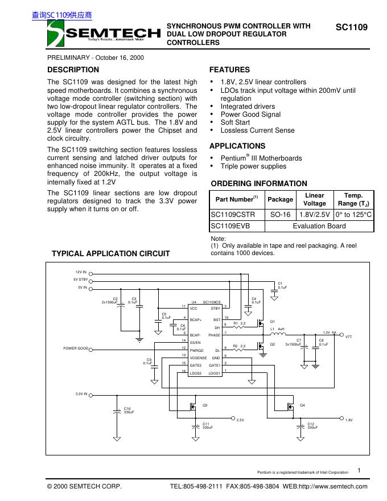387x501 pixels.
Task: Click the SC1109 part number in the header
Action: click(351, 27)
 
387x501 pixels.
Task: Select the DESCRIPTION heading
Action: click(73, 69)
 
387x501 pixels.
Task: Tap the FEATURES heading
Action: click(229, 69)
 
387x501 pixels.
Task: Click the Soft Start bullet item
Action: click(235, 122)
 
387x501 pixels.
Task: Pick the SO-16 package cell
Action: click(280, 215)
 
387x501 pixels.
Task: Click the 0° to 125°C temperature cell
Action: click(353, 215)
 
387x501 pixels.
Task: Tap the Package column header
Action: click(280, 199)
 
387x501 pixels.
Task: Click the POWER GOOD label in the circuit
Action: click(75, 348)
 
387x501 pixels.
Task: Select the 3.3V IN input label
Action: click(81, 394)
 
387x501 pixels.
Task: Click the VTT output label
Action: click(349, 337)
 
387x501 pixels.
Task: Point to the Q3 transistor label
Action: click(205, 405)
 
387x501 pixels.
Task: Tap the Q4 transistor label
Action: click(302, 405)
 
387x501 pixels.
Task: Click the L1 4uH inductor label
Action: click(277, 329)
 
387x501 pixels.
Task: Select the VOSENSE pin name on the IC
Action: click(199, 357)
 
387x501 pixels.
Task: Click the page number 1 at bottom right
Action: click(360, 470)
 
